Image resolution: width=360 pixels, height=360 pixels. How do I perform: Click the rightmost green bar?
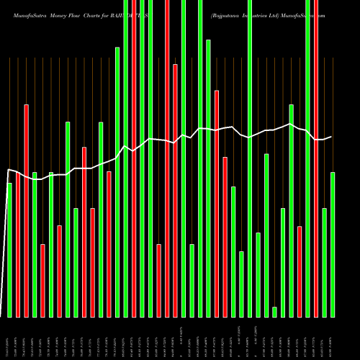click(x=333, y=245)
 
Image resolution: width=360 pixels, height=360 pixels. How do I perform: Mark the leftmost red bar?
click(x=18, y=245)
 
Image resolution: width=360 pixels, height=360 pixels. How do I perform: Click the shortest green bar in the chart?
click(x=274, y=312)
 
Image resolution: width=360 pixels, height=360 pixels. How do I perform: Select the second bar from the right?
click(x=325, y=262)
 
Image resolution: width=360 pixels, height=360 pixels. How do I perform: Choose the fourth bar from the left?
click(x=35, y=245)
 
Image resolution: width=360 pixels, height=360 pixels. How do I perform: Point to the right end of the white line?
click(x=331, y=137)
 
